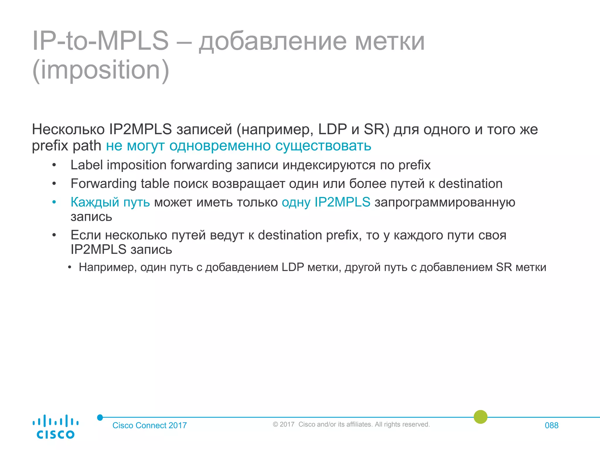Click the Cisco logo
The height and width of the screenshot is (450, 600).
[55, 427]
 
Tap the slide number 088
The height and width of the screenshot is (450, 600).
[551, 425]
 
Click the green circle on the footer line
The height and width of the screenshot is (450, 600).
[480, 417]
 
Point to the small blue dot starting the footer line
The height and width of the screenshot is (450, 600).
[100, 417]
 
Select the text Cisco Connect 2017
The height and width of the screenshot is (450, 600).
[149, 425]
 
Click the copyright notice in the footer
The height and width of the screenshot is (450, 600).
[351, 424]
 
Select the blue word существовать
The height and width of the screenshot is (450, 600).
[323, 146]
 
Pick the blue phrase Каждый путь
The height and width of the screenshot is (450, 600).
[110, 202]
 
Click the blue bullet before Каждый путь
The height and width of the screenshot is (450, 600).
[54, 202]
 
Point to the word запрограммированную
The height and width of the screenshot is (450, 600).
[445, 202]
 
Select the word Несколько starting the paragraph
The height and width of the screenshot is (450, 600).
[68, 129]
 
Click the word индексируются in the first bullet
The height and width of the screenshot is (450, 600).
[329, 165]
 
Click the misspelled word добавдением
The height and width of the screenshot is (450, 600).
[241, 267]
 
